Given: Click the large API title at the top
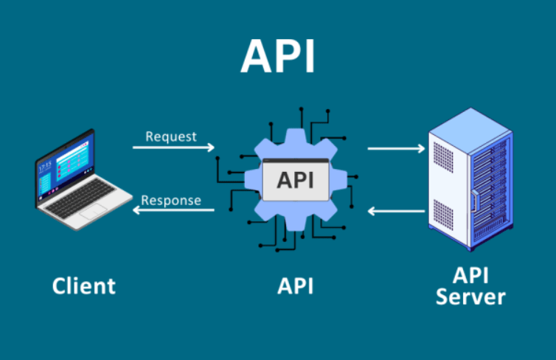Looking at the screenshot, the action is [278, 56].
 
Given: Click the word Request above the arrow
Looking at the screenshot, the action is [171, 136].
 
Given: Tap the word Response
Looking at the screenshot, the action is [171, 201].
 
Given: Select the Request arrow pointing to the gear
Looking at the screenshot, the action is [173, 148].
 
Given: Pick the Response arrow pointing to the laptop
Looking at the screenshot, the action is [173, 210].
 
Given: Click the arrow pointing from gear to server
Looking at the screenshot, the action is [396, 148].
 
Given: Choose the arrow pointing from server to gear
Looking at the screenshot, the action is [396, 212].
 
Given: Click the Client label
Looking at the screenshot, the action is [84, 286].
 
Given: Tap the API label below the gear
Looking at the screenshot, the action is [296, 286].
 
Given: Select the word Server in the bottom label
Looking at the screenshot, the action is [470, 297].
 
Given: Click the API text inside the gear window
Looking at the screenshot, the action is [296, 180].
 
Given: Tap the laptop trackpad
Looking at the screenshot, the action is [93, 212].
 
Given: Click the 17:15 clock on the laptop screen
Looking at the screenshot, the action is [45, 167].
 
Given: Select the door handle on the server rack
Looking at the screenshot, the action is [474, 201].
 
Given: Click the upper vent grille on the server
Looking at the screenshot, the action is [443, 157].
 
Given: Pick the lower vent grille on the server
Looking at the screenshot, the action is [443, 215].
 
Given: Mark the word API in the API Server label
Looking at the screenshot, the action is [470, 276].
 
